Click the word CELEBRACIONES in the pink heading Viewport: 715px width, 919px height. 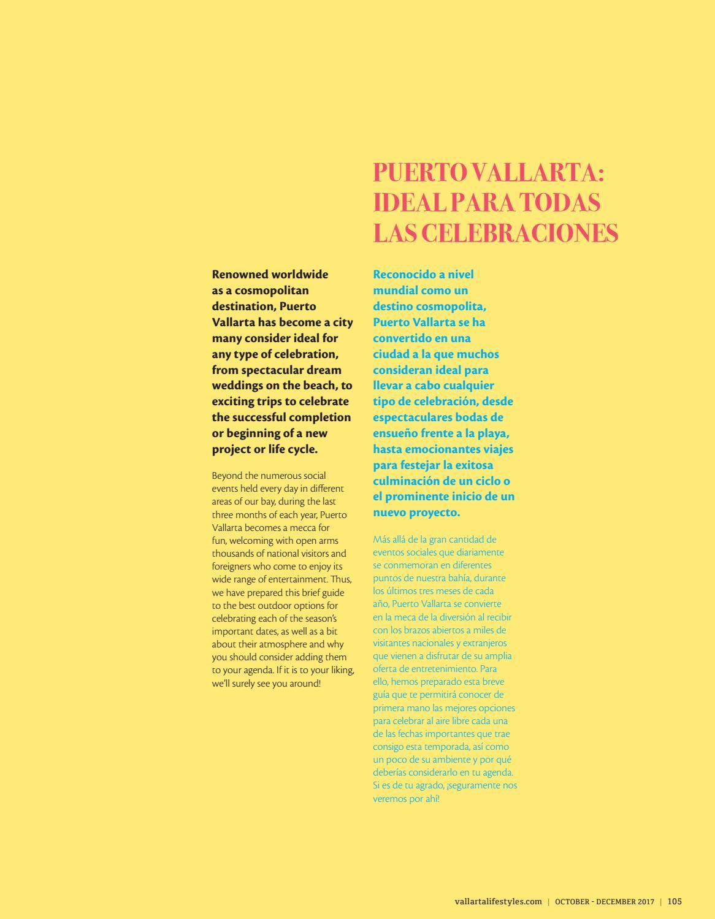coord(520,233)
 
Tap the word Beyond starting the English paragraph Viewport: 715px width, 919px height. coord(226,476)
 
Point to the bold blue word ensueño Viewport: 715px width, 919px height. coord(395,433)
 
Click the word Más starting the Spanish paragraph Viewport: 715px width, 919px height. coord(382,540)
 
